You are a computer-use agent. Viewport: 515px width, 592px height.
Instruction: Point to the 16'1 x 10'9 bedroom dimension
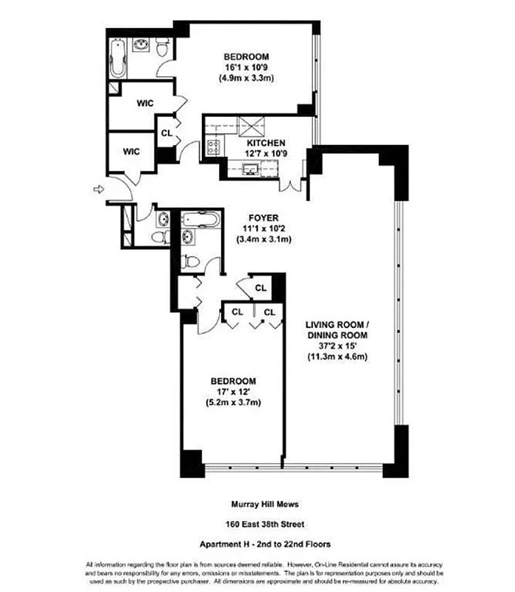(x=246, y=67)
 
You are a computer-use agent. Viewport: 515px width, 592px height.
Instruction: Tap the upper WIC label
(x=144, y=104)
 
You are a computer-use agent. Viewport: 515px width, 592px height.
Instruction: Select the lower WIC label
(x=131, y=151)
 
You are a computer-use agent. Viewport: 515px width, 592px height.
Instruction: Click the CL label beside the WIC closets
(x=166, y=133)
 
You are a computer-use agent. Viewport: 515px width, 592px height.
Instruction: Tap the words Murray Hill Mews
(x=257, y=505)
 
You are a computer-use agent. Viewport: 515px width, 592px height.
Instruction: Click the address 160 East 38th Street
(x=257, y=525)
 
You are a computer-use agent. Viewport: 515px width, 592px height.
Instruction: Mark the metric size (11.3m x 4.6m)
(x=337, y=357)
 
